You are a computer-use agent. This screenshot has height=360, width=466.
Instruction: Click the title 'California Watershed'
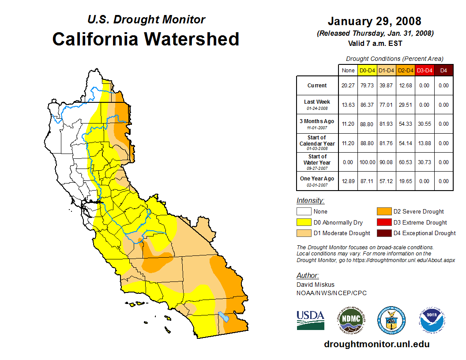[x=146, y=39]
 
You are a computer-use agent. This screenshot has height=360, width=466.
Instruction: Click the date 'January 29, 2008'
[x=374, y=21]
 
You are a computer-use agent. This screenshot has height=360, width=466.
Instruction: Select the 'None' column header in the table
[x=348, y=70]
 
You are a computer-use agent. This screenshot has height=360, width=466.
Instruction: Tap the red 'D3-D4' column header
[x=424, y=70]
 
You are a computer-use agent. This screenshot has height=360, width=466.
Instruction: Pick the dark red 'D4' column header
[x=443, y=70]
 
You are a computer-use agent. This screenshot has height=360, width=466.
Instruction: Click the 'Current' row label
[x=317, y=86]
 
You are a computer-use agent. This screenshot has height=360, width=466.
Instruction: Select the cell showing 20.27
[x=348, y=86]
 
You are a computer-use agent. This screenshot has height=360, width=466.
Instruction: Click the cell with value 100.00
[x=367, y=162]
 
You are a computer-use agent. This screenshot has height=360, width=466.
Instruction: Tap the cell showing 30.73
[x=424, y=162]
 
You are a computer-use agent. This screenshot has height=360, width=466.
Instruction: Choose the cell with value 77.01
[x=386, y=105]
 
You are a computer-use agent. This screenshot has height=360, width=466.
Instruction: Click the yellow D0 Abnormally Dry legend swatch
[x=303, y=222]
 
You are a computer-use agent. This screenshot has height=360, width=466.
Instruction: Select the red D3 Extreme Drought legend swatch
[x=383, y=222]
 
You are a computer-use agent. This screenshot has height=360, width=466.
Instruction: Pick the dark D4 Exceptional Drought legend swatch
[x=383, y=233]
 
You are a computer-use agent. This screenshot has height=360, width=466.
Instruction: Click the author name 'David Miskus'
[x=316, y=285]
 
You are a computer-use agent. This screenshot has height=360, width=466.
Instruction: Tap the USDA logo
[x=310, y=320]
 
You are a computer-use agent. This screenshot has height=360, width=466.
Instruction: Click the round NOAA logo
[x=432, y=320]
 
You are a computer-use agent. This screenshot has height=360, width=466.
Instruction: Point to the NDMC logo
[x=350, y=320]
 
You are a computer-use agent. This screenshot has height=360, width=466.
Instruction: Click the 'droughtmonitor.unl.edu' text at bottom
[x=377, y=344]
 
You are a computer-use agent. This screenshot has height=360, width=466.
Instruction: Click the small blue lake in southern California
[x=223, y=316]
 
